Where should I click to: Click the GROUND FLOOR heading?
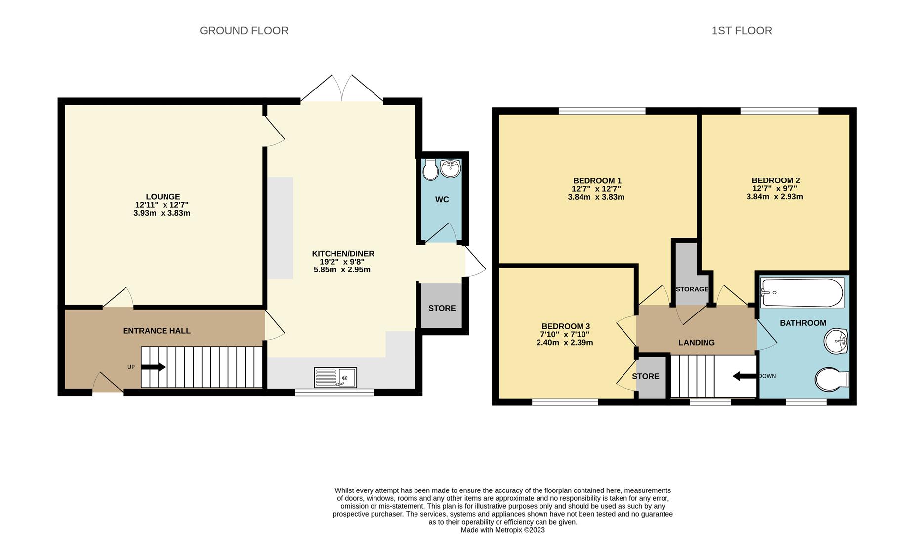244,31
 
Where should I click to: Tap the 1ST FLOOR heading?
742,31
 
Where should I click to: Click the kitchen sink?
335,378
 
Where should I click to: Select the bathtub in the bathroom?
802,293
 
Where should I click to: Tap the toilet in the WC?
431,170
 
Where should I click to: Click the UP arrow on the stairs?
153,367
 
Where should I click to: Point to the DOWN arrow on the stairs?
745,376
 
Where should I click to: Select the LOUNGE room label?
163,197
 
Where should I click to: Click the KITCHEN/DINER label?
343,254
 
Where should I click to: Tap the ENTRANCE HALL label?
157,331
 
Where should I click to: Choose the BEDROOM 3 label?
566,326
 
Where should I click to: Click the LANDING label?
697,343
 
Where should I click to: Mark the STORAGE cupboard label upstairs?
692,289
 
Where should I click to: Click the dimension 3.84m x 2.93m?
775,197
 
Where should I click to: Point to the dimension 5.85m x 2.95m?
342,270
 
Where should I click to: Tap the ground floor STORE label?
442,308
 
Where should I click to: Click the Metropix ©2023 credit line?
502,530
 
